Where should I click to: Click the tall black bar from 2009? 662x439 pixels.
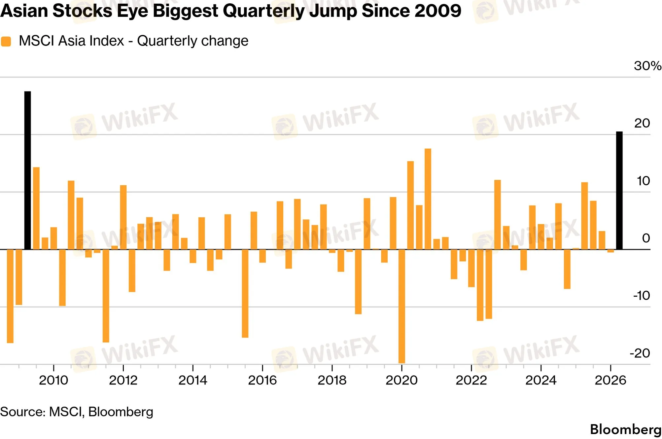28,170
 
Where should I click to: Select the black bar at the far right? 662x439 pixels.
619,191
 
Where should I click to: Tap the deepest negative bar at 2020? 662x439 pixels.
402,306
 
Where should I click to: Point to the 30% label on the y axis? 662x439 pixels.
647,66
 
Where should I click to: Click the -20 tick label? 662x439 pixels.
640,353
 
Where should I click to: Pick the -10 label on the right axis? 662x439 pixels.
642,296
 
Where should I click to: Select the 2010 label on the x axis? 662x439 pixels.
53,380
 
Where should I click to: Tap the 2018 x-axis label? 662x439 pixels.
332,380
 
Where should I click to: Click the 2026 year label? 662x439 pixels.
610,380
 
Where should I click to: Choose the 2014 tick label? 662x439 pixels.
193,380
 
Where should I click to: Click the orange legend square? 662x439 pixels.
6,42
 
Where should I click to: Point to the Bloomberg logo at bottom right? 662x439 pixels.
626,429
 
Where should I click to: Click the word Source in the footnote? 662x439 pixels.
22,412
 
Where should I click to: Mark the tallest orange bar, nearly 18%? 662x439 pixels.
428,199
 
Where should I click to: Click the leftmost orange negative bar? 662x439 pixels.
10,296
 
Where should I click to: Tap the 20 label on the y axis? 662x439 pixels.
642,123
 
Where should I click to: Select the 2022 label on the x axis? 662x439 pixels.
471,380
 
